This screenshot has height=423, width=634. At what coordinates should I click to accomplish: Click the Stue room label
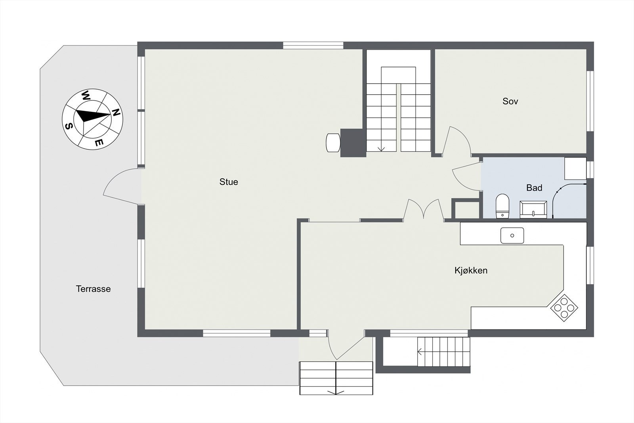tap(229, 182)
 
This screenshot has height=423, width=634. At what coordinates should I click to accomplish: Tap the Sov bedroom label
tap(510, 101)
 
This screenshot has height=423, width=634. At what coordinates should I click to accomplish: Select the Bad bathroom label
tap(534, 188)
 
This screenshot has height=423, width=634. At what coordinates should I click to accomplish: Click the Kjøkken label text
tap(471, 270)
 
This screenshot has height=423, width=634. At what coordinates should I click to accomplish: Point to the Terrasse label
tap(93, 289)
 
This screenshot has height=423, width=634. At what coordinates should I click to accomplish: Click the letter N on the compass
tap(116, 112)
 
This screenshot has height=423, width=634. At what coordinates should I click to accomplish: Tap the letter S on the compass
tap(69, 126)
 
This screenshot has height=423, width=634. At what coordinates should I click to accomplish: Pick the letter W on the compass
tap(86, 96)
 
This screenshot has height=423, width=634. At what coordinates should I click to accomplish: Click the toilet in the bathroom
tap(502, 206)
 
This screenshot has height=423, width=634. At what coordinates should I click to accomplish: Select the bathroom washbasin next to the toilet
tap(533, 209)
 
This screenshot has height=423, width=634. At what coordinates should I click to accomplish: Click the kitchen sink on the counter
tap(512, 235)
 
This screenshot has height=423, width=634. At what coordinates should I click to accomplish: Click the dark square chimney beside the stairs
tap(353, 143)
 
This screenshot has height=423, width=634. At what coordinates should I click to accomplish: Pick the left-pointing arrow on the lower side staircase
tap(420, 351)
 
